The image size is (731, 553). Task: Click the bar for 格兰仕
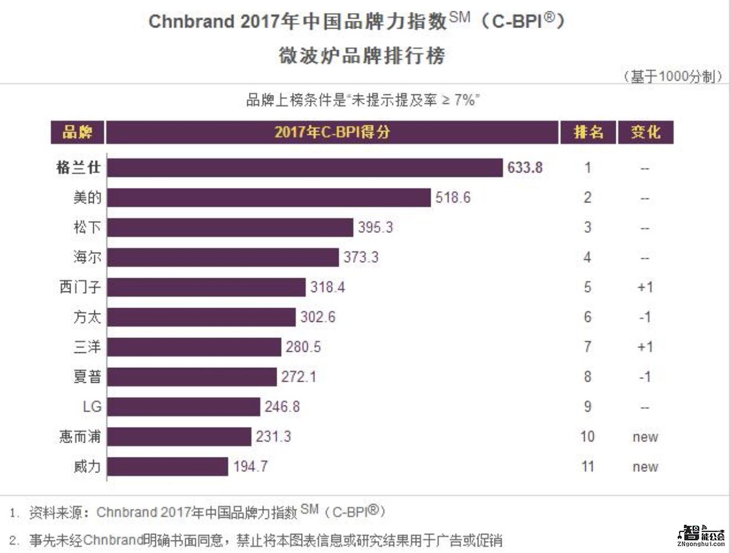click(305, 168)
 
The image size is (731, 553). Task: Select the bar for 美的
click(269, 198)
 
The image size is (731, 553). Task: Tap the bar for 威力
click(168, 466)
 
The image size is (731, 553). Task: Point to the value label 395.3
click(376, 228)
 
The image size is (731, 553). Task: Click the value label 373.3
click(361, 257)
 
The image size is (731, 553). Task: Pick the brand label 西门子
click(80, 287)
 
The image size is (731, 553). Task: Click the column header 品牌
click(77, 133)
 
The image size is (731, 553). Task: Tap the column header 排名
click(588, 133)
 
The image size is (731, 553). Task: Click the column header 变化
click(645, 133)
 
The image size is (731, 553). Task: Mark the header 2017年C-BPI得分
click(332, 133)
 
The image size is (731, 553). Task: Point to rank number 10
click(588, 437)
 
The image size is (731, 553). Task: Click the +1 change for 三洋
click(645, 347)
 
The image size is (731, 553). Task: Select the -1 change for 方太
click(645, 317)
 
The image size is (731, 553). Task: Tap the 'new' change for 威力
click(645, 466)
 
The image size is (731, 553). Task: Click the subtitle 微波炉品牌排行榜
click(362, 56)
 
